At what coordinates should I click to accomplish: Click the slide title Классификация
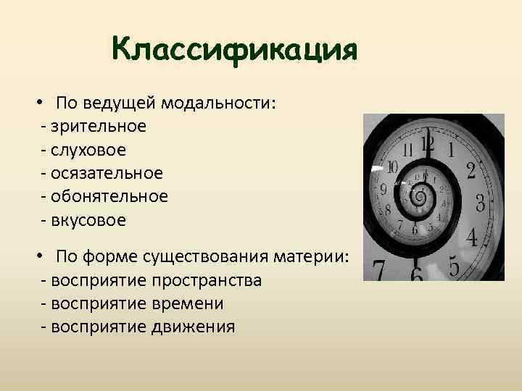pyautogui.click(x=235, y=50)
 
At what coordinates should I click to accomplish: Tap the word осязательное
pyautogui.click(x=107, y=173)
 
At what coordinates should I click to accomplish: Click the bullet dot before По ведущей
pyautogui.click(x=44, y=103)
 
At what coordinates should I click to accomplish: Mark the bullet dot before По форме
pyautogui.click(x=44, y=257)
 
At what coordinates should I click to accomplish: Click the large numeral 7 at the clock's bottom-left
pyautogui.click(x=378, y=271)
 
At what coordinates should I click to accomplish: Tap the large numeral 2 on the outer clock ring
pyautogui.click(x=471, y=171)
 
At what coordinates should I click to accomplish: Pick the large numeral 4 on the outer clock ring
pyautogui.click(x=471, y=237)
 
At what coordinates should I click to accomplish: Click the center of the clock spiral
pyautogui.click(x=419, y=195)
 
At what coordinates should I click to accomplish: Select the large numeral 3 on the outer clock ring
pyautogui.click(x=479, y=201)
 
